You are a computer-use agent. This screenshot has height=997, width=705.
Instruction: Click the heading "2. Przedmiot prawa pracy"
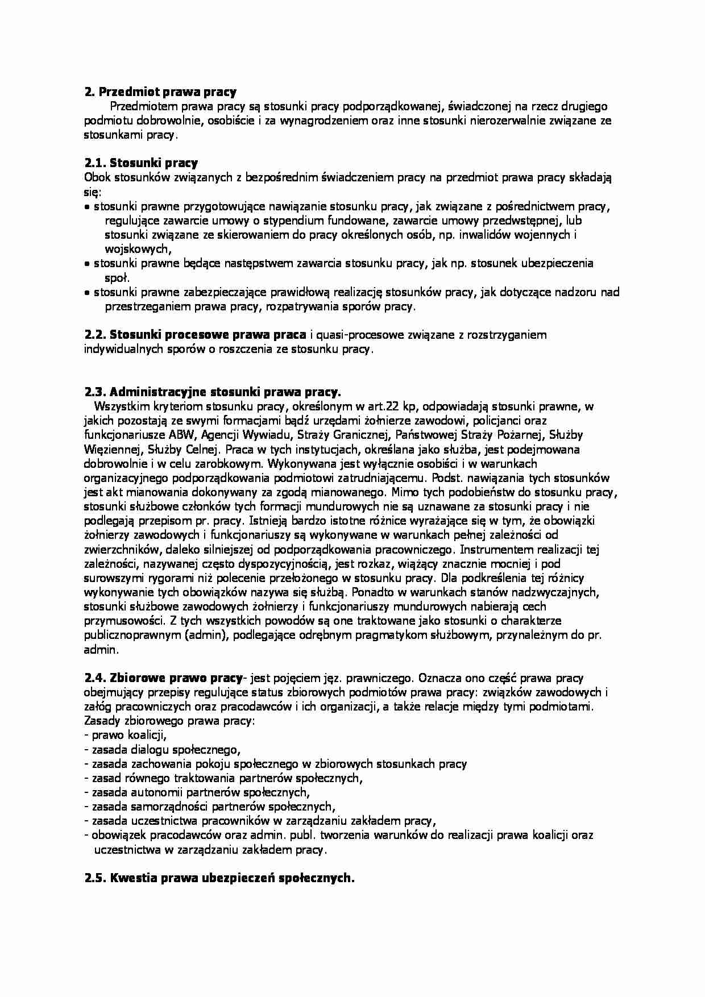coord(160,92)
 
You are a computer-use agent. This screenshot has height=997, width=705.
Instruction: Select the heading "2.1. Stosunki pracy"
coord(141,164)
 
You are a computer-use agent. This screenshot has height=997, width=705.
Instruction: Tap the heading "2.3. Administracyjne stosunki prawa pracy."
coord(213,392)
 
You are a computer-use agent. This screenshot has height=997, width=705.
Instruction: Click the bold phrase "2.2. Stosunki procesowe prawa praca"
coord(196,335)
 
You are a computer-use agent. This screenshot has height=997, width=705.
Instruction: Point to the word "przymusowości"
coord(119,621)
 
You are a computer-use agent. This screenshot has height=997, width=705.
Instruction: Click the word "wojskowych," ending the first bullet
coord(138,249)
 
